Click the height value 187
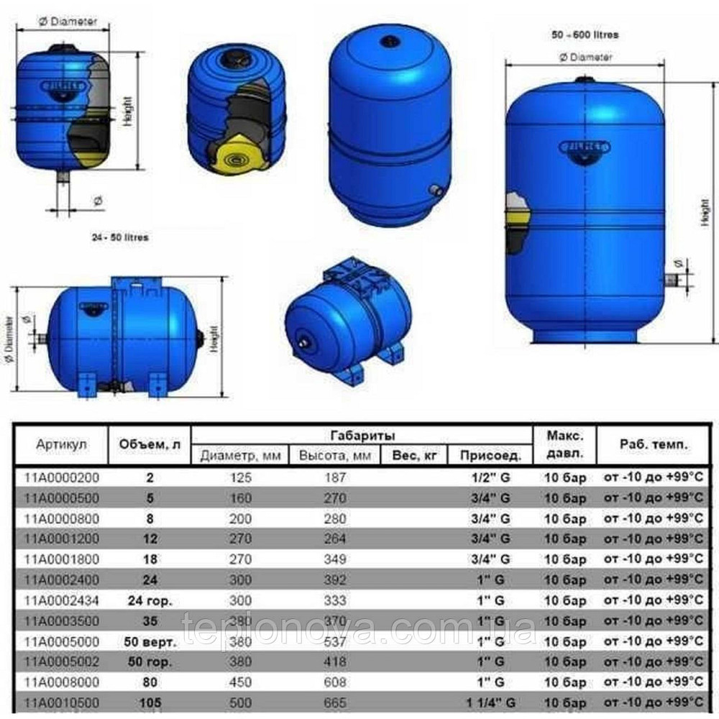[336, 477]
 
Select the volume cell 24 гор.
[150, 600]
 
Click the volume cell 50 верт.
[150, 641]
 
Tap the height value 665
[336, 702]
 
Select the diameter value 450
[239, 681]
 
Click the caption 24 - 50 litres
[119, 237]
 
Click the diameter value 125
[239, 477]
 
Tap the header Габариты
[362, 436]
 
